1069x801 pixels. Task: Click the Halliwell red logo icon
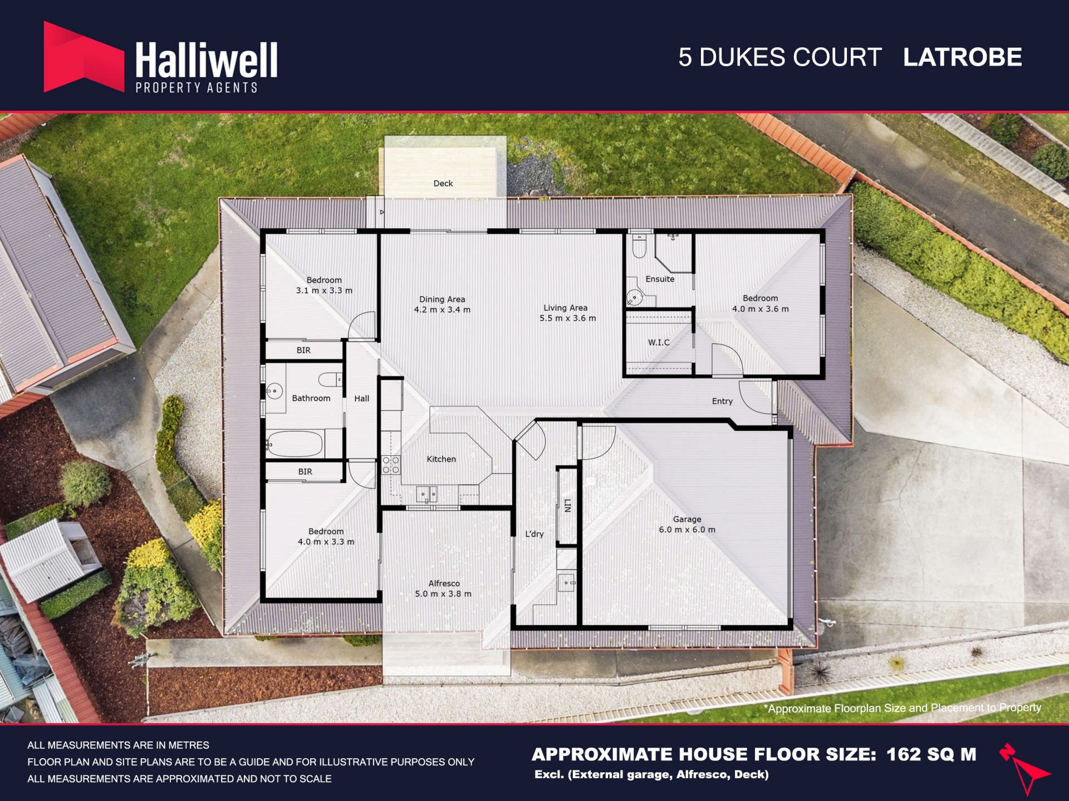coord(84,57)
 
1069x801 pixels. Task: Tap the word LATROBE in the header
coord(962,57)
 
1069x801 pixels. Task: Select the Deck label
coord(443,183)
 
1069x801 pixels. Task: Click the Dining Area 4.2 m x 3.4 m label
coord(442,304)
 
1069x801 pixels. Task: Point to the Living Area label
coord(566,308)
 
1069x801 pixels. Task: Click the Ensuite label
coord(660,279)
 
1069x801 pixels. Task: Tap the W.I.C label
coord(659,342)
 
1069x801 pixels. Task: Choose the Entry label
coord(722,401)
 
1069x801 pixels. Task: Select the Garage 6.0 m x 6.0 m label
coord(687,524)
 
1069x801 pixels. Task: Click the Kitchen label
coord(441,459)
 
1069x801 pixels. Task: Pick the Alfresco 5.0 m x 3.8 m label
coord(443,588)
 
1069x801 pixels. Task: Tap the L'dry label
coord(534,534)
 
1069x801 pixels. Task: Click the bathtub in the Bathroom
coord(295,444)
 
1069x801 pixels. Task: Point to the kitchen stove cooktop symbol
coord(391,465)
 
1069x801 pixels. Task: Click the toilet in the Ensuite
coord(640,246)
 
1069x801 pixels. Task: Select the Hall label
coord(362,399)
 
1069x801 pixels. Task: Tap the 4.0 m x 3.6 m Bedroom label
coord(760,303)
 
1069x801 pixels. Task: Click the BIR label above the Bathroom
coord(303,350)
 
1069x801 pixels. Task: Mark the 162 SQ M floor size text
coord(931,754)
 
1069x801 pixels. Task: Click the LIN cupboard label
coord(567,505)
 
